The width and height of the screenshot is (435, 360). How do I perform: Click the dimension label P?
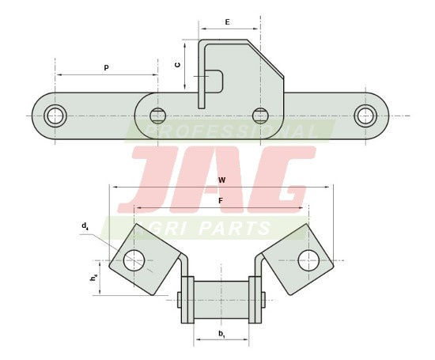click(106, 68)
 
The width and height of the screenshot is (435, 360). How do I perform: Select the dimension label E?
click(227, 22)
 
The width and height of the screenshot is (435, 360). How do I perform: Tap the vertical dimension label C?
click(177, 65)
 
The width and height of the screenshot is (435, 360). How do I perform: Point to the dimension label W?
click(221, 180)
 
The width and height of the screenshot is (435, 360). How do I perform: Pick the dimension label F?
click(221, 201)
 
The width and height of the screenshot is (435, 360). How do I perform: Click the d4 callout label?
click(85, 226)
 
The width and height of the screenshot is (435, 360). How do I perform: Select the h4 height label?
click(93, 278)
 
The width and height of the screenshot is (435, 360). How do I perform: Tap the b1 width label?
click(221, 334)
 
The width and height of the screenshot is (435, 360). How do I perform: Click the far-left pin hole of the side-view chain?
click(55, 116)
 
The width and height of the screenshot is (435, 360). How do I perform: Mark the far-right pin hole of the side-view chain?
click(365, 116)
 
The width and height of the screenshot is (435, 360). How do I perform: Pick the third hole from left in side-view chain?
click(260, 116)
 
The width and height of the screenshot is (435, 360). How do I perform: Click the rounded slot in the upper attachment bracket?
click(214, 81)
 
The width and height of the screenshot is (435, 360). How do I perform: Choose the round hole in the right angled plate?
click(308, 259)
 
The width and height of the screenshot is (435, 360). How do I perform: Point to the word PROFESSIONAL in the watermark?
click(229, 131)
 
